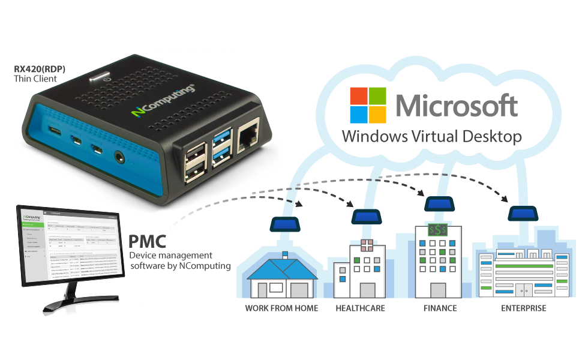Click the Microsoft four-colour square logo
368,105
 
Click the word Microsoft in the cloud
457,105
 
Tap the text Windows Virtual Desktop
431,136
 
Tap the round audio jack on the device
120,157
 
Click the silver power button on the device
97,77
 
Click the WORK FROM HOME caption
281,308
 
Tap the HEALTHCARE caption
360,308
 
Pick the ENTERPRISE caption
523,308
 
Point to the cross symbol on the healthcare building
367,245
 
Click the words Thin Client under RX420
35,79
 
